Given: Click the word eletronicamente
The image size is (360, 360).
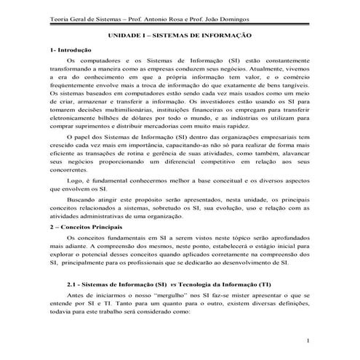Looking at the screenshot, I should tap(73, 119).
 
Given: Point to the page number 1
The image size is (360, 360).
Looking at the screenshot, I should tap(309, 341).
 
